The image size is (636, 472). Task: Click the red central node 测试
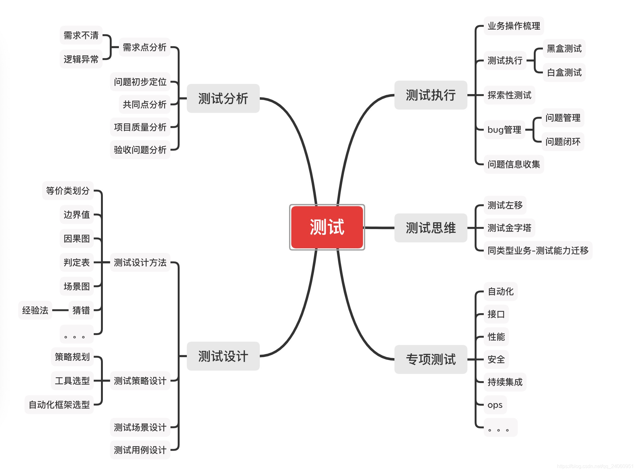click(327, 227)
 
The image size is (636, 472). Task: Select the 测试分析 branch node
click(223, 98)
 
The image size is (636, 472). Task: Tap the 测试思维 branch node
click(431, 228)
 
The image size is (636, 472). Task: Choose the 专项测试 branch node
click(431, 359)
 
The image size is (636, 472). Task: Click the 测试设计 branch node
click(223, 356)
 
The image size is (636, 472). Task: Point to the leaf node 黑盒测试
click(564, 48)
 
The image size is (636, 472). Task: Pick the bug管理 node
click(504, 130)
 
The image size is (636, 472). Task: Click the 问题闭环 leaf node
click(563, 142)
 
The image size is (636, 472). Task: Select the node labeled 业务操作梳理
click(514, 26)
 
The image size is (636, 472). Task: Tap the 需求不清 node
click(81, 35)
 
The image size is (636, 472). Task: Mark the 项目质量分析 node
click(140, 127)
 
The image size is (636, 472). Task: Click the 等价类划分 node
click(68, 191)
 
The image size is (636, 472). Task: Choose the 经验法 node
click(35, 310)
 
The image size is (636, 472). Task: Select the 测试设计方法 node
click(140, 262)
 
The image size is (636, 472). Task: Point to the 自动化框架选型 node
click(59, 405)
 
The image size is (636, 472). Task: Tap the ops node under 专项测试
click(495, 405)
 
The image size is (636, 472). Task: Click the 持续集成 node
click(505, 382)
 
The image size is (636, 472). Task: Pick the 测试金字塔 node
click(509, 228)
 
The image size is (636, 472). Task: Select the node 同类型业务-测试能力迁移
click(538, 250)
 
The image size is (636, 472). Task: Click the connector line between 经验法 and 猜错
click(60, 310)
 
